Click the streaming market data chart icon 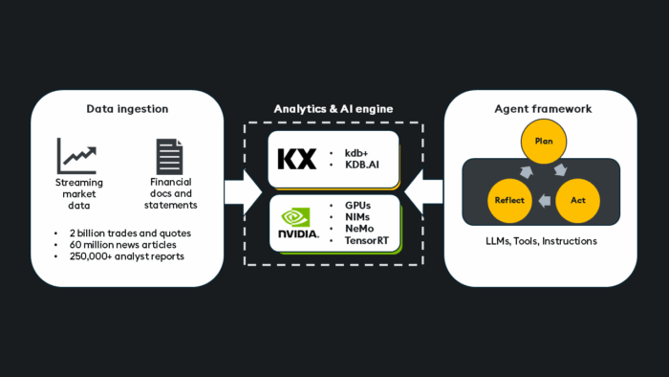coord(76,156)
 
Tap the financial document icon coord(169,156)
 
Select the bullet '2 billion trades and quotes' coord(130,233)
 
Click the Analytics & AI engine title coord(334,108)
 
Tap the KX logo coord(296,159)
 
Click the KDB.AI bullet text coord(364,165)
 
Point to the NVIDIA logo coord(298,223)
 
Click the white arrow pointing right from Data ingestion coord(243,191)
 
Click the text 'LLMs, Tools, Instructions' coord(541,241)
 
